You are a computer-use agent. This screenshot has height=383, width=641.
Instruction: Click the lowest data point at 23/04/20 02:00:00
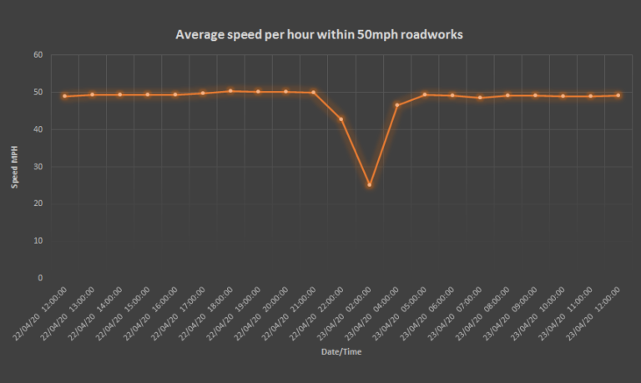click(369, 184)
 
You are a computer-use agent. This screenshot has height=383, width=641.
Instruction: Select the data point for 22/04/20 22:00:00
click(341, 119)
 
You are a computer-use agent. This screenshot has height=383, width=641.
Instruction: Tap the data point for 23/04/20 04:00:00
click(396, 105)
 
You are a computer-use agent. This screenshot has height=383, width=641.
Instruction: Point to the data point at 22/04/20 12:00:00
click(64, 96)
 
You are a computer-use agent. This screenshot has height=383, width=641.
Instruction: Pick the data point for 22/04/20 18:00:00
click(230, 91)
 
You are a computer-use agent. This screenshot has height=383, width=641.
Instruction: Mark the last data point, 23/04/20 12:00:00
click(618, 95)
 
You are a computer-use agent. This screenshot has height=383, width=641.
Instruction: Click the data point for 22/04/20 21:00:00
click(314, 93)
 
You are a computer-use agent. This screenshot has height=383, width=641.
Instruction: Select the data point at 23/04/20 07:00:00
click(480, 98)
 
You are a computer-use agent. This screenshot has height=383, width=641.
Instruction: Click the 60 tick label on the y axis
click(38, 55)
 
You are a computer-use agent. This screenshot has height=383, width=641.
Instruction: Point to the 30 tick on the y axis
click(38, 166)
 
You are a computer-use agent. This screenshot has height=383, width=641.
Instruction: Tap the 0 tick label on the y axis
click(40, 278)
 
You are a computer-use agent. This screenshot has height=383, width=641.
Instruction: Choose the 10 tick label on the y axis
click(38, 240)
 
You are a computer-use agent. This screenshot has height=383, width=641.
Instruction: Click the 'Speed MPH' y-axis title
click(14, 166)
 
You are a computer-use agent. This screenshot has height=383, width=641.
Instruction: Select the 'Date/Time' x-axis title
click(341, 352)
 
